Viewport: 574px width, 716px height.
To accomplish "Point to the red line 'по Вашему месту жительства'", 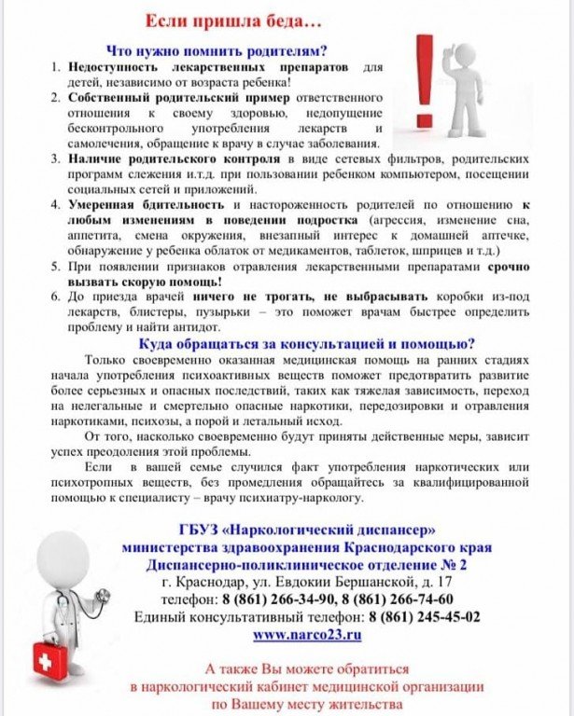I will click(307, 704).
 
